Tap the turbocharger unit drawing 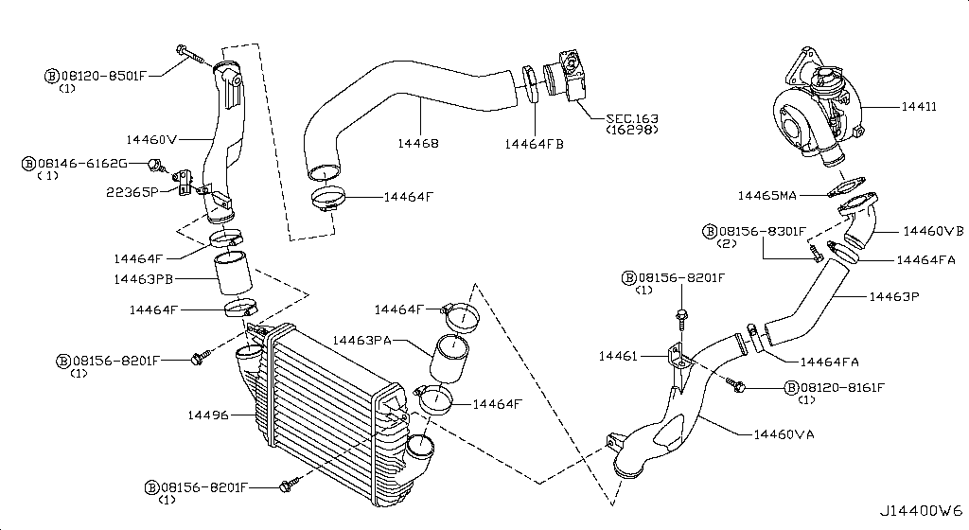816,109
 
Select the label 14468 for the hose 417,144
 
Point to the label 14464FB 534,144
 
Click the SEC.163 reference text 632,119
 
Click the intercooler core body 322,407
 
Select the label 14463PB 143,279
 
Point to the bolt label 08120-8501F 102,74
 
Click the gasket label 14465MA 766,196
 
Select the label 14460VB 932,230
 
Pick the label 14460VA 784,434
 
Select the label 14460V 152,139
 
